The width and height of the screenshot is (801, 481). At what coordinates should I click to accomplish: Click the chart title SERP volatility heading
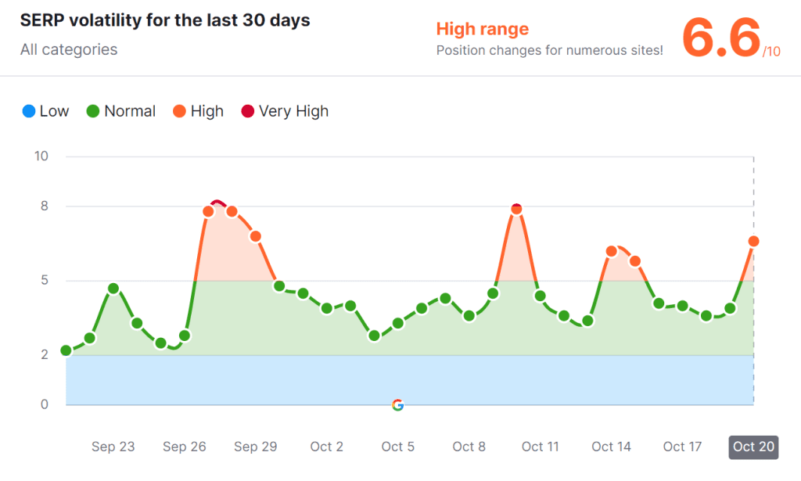pos(165,20)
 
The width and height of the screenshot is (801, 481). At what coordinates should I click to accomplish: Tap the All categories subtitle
pos(69,49)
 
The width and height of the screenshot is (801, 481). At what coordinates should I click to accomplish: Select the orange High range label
pos(482,29)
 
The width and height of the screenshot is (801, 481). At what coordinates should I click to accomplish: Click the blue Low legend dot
pos(29,111)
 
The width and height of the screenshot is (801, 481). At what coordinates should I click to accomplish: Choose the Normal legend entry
pos(121,111)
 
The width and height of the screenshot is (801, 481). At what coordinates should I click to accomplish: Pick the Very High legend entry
pos(285,111)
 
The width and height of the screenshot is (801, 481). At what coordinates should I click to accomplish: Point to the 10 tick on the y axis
pos(41,156)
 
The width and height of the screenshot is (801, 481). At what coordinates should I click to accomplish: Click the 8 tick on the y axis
pos(44,206)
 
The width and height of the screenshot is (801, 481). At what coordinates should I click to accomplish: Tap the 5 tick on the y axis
pos(44,280)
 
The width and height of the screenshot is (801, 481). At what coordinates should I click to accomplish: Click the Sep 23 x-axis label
pos(113,447)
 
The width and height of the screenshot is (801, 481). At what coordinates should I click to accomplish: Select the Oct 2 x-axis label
pos(327,447)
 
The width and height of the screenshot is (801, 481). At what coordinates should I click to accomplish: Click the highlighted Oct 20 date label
pos(754,447)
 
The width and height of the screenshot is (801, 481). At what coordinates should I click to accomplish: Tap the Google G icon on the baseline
pos(397,404)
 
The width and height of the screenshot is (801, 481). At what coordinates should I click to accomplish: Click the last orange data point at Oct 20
pos(754,241)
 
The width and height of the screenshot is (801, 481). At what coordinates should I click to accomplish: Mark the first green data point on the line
pos(66,350)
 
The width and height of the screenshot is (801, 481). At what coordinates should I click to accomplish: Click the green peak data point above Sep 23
pos(113,289)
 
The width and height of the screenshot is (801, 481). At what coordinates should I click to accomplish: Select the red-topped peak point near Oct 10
pos(516,209)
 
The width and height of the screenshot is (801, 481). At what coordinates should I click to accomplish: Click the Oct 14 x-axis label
pos(612,447)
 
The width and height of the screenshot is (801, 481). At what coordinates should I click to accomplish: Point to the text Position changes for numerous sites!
pos(549,51)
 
